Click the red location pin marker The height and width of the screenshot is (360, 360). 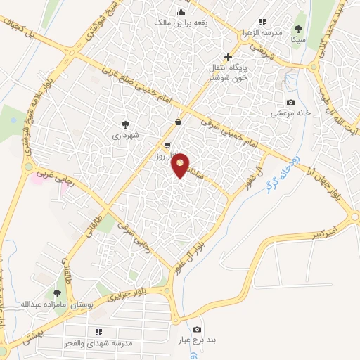click(x=181, y=165)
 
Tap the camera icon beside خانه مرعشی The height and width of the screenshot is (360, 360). click(x=290, y=103)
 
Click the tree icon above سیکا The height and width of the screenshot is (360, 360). click(x=299, y=29)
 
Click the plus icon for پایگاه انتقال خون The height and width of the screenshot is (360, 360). click(x=227, y=57)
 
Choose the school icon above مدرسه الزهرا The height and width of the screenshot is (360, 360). click(x=263, y=22)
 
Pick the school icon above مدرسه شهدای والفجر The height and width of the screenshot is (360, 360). click(x=98, y=331)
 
